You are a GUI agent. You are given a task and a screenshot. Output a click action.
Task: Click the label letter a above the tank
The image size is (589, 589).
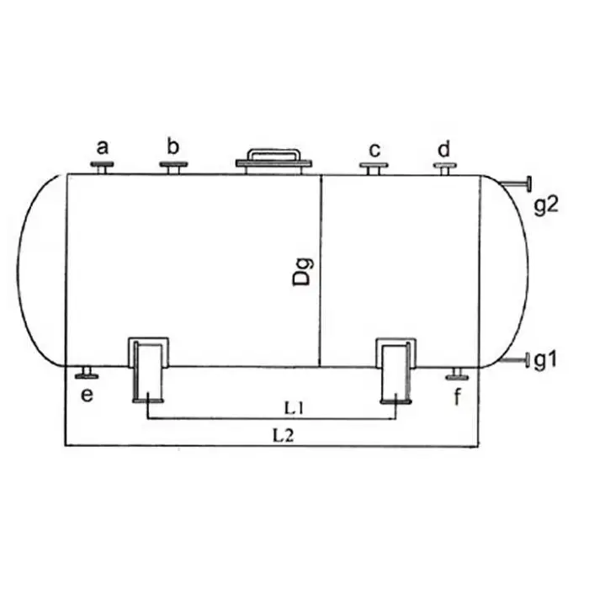click(x=102, y=147)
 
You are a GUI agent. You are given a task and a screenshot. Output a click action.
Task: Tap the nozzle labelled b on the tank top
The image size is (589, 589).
click(x=173, y=167)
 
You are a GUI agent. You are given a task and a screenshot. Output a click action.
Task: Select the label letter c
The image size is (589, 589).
click(x=374, y=151)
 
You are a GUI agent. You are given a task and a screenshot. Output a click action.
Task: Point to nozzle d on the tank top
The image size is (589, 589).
click(x=445, y=169)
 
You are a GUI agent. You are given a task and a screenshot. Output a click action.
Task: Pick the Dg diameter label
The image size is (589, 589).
click(x=303, y=272)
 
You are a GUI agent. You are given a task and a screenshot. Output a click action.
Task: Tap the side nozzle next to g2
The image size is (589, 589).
click(x=516, y=183)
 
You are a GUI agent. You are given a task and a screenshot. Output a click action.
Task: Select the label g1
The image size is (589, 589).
click(x=545, y=361)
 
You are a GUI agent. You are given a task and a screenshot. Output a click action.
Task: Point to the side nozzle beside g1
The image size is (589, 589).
click(x=515, y=360)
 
